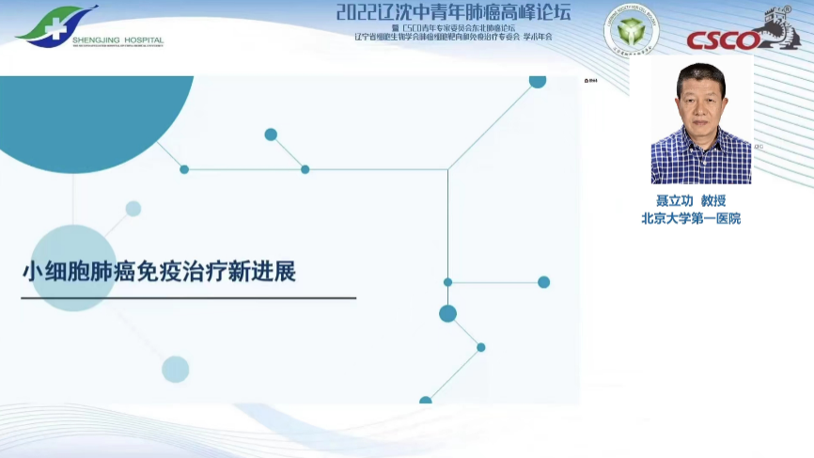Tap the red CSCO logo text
coord(724,40)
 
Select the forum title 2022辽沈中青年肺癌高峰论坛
coord(453,12)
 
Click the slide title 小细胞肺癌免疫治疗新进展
coord(160,273)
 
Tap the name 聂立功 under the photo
coord(674,201)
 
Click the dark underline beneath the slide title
coord(188,298)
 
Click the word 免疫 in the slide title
coord(182,273)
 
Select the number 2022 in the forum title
coord(356,12)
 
